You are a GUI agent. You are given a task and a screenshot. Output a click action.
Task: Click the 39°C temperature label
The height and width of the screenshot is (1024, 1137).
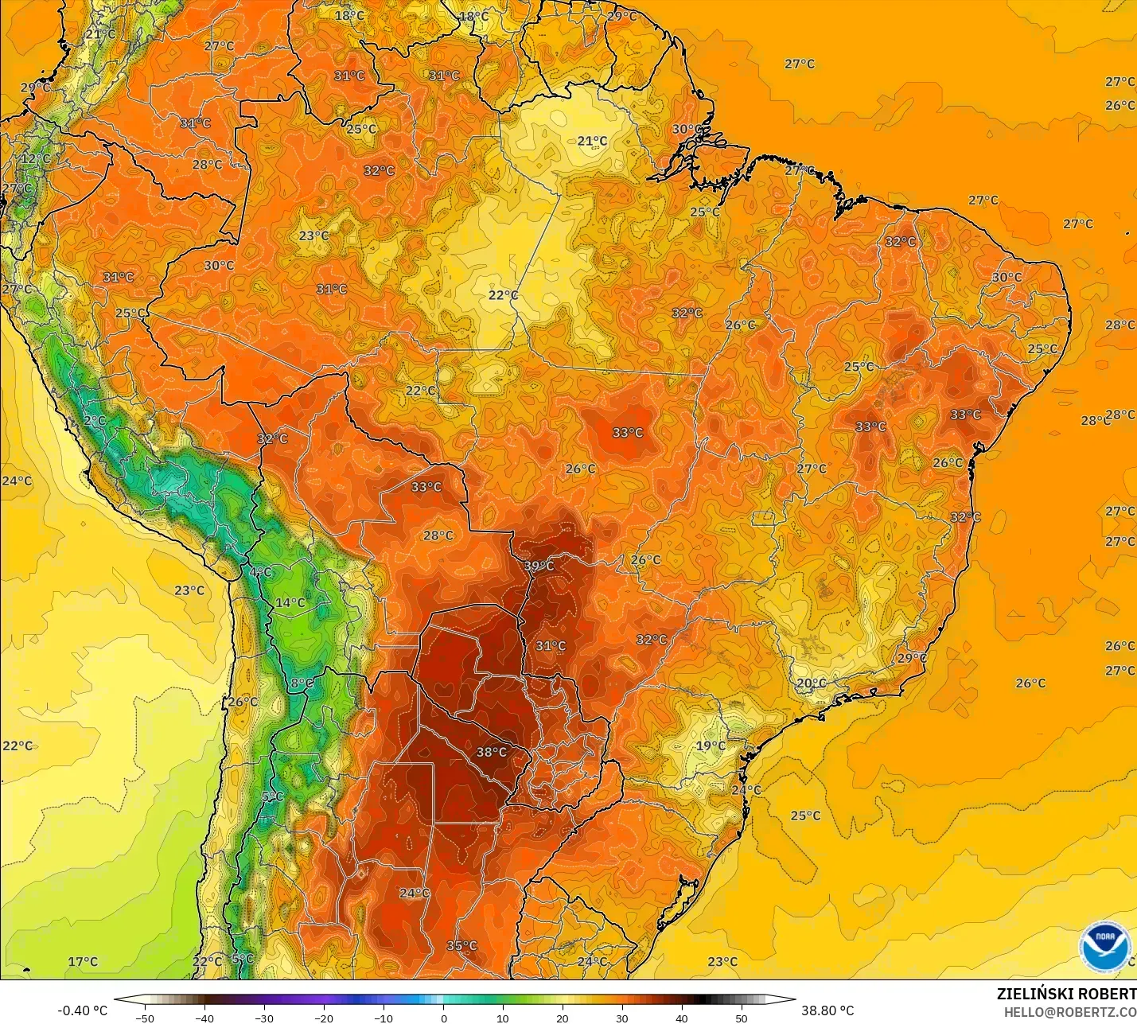(539, 566)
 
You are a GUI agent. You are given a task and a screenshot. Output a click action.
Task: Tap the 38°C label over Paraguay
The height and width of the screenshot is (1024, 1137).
(491, 752)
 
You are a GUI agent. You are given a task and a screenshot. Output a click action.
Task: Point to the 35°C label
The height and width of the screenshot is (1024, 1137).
(461, 945)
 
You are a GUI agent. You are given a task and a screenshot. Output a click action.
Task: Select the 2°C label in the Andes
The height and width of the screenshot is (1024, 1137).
(94, 420)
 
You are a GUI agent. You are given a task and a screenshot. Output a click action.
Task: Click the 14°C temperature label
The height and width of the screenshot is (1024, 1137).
(290, 602)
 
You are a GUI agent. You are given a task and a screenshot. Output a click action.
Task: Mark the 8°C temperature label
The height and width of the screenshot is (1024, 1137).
(302, 683)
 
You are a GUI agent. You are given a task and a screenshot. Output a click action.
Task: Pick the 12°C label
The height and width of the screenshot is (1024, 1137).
(35, 158)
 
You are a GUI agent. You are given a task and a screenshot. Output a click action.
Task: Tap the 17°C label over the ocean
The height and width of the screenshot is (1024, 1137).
(82, 961)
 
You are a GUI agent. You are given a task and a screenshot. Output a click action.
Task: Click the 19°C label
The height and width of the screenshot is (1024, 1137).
(711, 746)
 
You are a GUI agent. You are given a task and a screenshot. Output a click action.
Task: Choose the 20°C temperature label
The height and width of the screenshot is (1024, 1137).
(812, 683)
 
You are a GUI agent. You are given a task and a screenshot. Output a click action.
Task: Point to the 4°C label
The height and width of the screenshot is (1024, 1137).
(260, 572)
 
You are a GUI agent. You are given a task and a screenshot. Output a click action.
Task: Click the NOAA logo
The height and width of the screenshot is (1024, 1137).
(1105, 946)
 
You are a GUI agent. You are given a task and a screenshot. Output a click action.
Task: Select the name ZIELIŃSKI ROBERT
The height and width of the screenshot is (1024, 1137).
(1066, 994)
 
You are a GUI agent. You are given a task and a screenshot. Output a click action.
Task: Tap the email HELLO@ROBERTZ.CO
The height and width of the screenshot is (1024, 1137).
(1069, 1012)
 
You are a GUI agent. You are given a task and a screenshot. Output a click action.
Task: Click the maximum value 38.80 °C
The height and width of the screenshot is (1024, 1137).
(827, 1010)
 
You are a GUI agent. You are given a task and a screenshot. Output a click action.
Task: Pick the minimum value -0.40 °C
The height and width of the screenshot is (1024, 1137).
(82, 1010)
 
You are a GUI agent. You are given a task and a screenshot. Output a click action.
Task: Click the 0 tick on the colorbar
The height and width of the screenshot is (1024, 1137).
(443, 1018)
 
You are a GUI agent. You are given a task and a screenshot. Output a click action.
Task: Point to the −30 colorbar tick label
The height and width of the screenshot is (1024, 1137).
(263, 1018)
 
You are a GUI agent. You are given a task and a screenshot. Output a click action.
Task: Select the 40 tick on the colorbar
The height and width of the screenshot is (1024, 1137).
(681, 1018)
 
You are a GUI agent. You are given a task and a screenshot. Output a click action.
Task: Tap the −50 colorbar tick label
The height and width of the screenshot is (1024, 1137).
(144, 1018)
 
